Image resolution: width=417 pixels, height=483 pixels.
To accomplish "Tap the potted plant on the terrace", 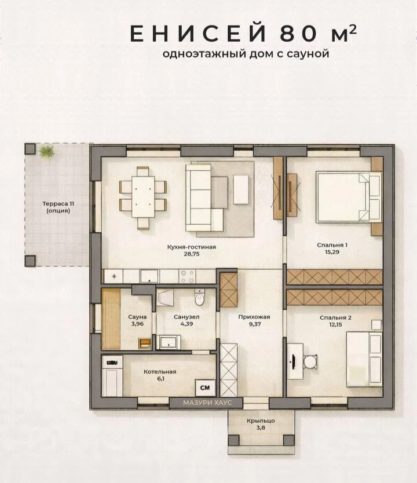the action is (47, 151).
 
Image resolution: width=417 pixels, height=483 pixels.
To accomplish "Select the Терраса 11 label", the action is (58, 204).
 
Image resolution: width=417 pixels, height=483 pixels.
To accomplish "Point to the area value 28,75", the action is (192, 254).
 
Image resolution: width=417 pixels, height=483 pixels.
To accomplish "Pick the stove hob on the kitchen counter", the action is (187, 276).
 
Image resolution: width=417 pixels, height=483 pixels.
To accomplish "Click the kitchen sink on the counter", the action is (149, 276).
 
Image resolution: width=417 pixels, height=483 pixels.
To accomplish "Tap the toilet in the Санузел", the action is (200, 297).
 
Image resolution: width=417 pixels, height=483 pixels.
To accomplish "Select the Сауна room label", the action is (137, 317).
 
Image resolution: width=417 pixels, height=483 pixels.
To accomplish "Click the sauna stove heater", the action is (144, 343).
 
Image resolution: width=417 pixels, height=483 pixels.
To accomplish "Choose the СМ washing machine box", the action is (205, 387).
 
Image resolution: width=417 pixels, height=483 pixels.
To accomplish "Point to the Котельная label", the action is (160, 371).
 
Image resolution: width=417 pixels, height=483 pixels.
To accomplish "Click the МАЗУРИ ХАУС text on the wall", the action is (207, 402).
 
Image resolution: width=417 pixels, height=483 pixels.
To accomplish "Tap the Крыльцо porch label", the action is (261, 421).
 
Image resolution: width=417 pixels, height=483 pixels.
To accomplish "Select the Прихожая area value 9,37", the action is (254, 324).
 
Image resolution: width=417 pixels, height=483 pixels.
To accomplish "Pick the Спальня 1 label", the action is (332, 245).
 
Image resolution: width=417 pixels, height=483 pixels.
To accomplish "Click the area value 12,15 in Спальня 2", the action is (335, 324).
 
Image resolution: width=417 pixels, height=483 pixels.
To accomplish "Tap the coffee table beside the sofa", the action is (241, 189).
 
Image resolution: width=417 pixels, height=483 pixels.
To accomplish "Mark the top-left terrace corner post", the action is (30, 149).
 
